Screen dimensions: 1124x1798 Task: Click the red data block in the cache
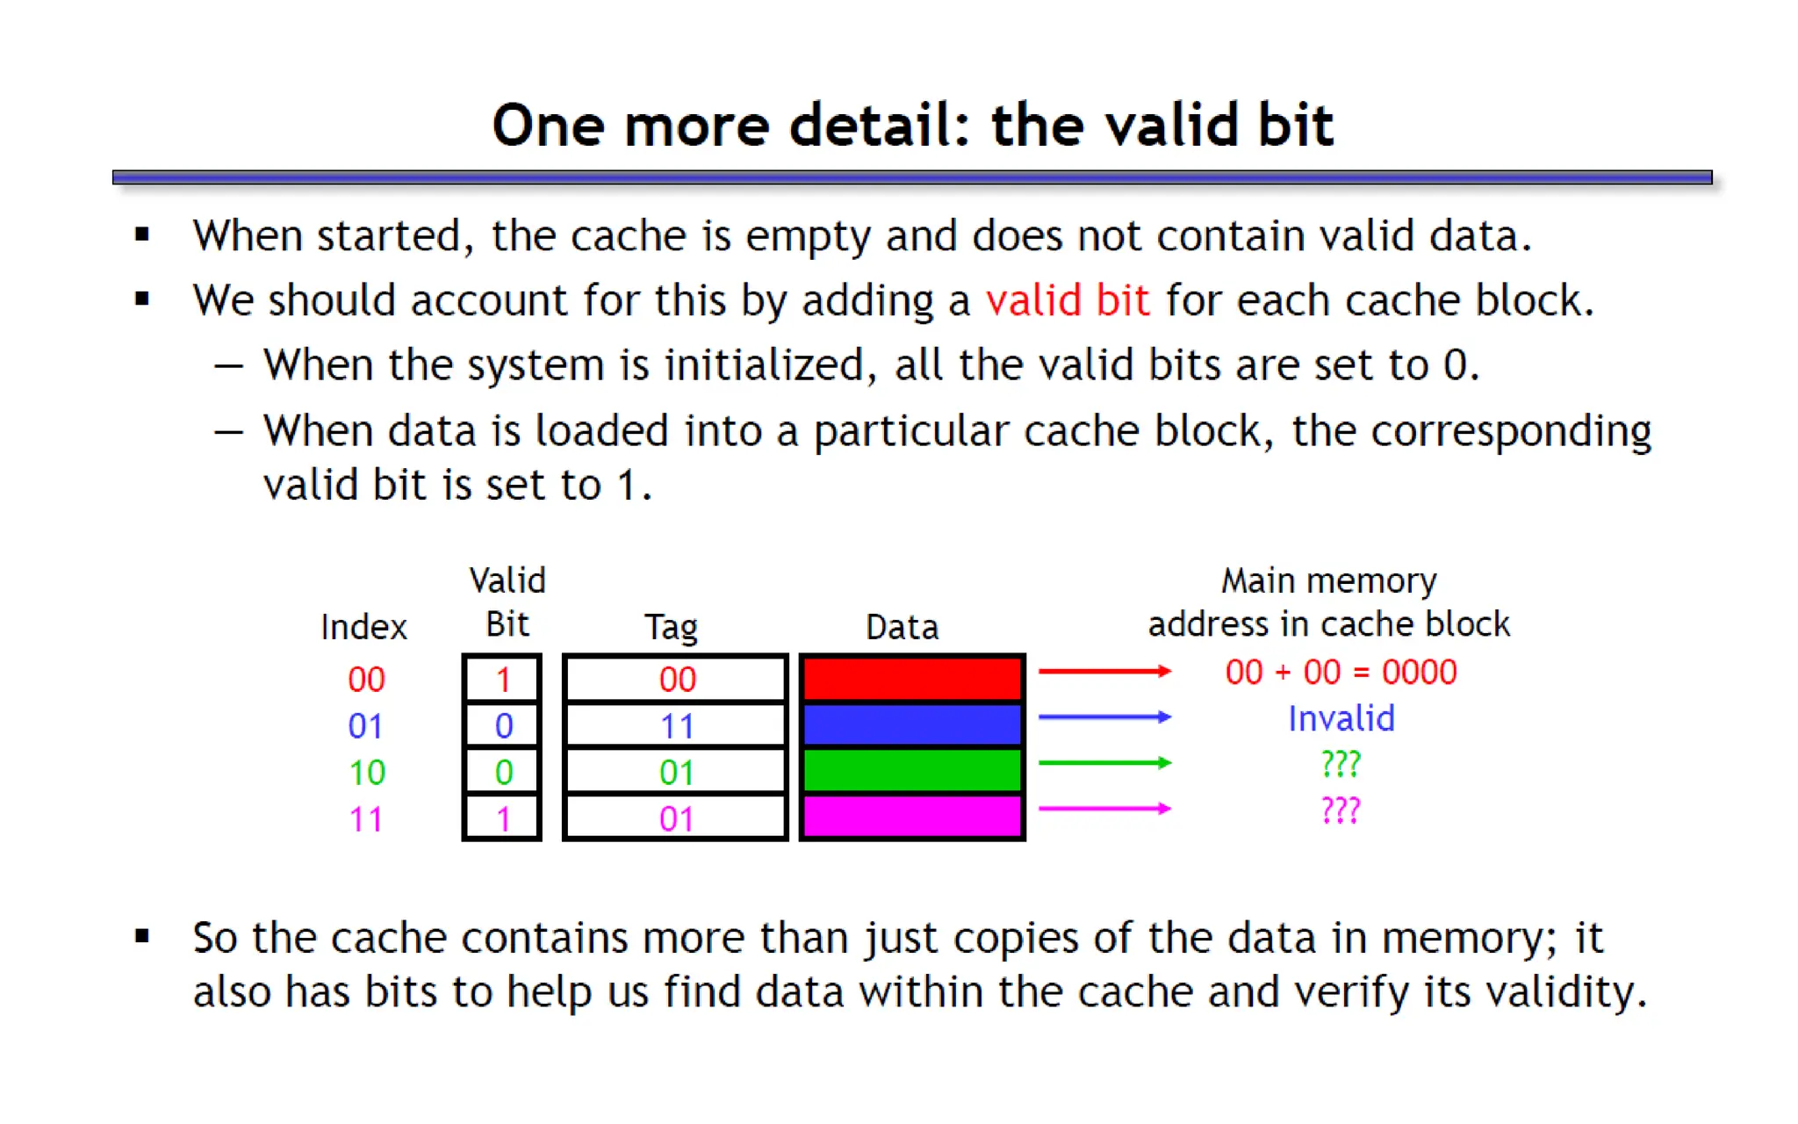point(912,679)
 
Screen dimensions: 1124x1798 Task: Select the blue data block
point(912,725)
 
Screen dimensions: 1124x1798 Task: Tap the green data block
point(912,771)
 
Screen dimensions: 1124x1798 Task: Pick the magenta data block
point(912,817)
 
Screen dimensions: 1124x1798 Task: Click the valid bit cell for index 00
point(502,679)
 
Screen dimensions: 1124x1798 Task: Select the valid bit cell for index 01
point(502,725)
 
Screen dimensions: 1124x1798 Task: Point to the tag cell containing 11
point(675,726)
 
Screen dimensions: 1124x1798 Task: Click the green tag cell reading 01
point(675,773)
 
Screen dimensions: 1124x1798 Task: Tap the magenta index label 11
point(366,819)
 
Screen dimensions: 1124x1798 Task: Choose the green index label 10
point(366,773)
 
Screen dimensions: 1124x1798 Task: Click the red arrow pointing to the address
point(1104,672)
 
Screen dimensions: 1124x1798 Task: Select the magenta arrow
point(1104,809)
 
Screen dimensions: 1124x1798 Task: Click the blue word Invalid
point(1341,718)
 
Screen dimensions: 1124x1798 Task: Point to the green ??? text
point(1341,764)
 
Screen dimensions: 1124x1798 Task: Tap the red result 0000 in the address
point(1419,672)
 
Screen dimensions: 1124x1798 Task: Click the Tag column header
point(671,627)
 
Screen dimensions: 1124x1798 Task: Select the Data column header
point(902,627)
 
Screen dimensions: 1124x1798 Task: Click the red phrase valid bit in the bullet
point(1067,300)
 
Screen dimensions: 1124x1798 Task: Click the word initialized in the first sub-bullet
point(764,364)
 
